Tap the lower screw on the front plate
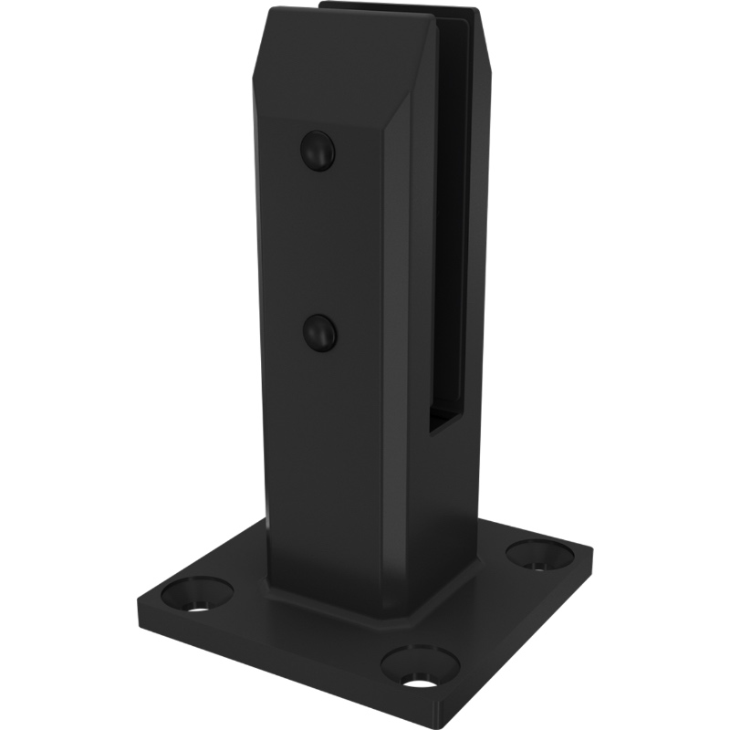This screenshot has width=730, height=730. click(319, 333)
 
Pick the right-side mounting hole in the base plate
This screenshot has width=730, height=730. click(540, 554)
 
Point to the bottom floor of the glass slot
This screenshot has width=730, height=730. click(447, 422)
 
